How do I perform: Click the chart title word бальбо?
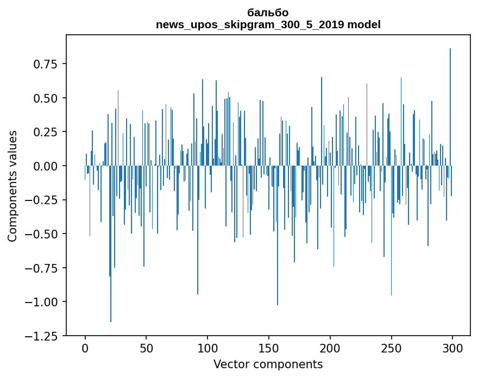tap(268, 12)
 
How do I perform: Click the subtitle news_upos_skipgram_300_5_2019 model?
tap(268, 25)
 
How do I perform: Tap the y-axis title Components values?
tap(12, 186)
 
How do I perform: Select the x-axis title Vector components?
tap(268, 364)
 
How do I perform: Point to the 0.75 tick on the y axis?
tap(46, 64)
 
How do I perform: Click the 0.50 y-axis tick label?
tap(46, 98)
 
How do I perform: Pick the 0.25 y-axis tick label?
tap(46, 132)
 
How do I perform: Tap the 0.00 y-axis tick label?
tap(46, 166)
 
